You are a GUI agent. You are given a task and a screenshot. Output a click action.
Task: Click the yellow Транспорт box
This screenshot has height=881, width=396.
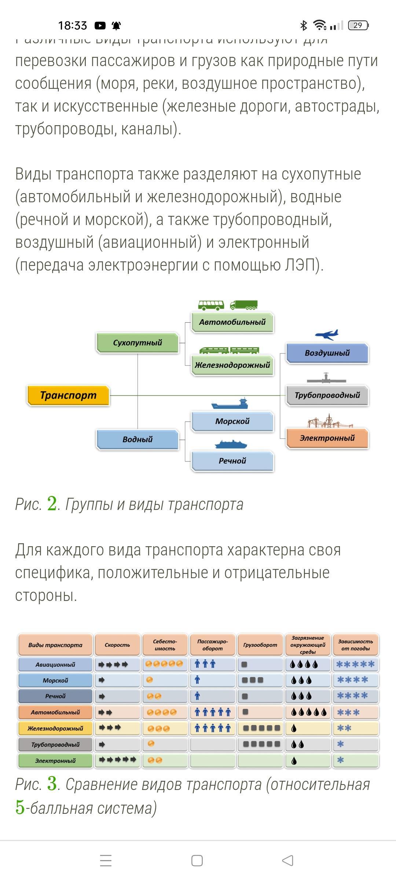click(x=68, y=395)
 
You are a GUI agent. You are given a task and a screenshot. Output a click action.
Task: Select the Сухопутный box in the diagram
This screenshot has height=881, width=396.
click(x=137, y=342)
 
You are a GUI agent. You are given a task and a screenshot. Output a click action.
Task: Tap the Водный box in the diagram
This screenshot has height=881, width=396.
click(x=137, y=439)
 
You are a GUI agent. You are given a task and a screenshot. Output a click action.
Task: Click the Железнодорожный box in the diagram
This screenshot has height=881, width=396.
click(x=232, y=365)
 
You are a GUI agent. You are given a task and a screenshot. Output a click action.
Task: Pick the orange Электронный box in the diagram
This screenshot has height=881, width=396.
click(x=327, y=438)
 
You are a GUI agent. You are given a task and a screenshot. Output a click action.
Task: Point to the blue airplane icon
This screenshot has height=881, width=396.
click(x=326, y=334)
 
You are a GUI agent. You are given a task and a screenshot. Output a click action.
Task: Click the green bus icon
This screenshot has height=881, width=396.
click(x=211, y=305)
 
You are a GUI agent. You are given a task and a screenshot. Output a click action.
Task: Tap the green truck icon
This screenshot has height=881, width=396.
click(x=244, y=305)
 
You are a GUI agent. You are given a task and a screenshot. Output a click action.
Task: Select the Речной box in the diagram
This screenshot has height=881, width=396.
click(x=232, y=461)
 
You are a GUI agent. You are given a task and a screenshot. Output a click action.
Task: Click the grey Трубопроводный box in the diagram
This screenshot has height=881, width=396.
click(x=327, y=395)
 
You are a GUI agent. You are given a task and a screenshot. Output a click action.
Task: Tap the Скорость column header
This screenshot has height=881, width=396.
click(x=117, y=645)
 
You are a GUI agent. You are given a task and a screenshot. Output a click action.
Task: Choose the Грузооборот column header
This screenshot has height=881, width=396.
click(x=260, y=645)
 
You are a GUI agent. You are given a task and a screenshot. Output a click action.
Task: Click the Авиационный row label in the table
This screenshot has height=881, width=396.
click(x=55, y=664)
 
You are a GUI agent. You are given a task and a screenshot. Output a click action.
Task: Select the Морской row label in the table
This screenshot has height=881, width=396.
click(x=55, y=680)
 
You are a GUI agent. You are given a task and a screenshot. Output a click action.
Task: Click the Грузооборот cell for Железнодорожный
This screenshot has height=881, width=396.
click(x=260, y=728)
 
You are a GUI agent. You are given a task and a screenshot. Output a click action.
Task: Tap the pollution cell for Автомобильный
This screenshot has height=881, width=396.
click(x=308, y=712)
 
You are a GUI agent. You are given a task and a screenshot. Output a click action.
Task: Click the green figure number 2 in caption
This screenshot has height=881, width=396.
click(x=52, y=504)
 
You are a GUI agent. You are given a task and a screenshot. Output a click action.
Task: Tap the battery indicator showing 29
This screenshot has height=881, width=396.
click(x=358, y=25)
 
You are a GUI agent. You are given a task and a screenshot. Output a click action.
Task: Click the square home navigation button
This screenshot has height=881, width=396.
click(x=197, y=860)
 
